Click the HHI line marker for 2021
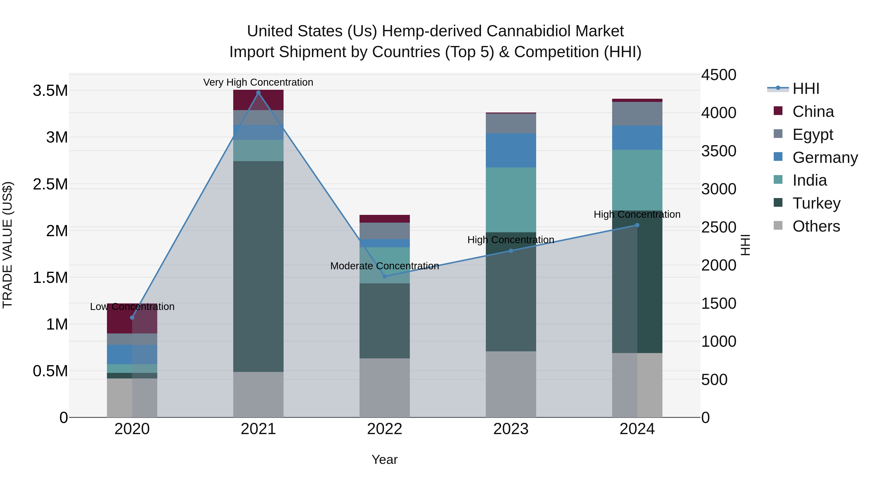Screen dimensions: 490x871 click(258, 93)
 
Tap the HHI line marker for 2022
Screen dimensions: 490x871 click(384, 276)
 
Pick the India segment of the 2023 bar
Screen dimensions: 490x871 click(511, 200)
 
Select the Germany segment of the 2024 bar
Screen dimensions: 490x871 click(637, 138)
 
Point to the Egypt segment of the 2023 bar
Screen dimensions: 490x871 click(511, 123)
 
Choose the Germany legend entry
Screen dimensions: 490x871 click(825, 158)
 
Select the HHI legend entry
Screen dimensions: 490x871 click(805, 89)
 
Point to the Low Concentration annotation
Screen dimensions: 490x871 click(132, 307)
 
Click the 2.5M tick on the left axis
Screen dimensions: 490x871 click(50, 185)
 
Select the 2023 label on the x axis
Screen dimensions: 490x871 click(511, 429)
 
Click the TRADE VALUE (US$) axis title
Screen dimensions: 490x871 click(8, 245)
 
